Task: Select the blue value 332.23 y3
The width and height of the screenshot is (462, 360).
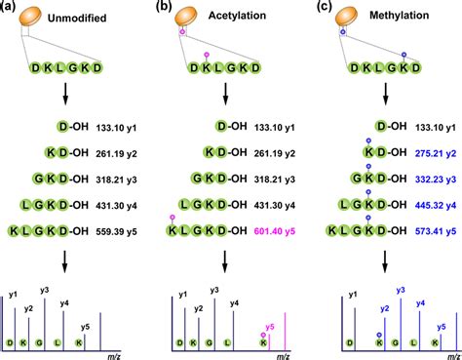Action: pyautogui.click(x=425, y=181)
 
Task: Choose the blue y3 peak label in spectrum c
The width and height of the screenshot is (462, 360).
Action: pyautogui.click(x=400, y=291)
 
